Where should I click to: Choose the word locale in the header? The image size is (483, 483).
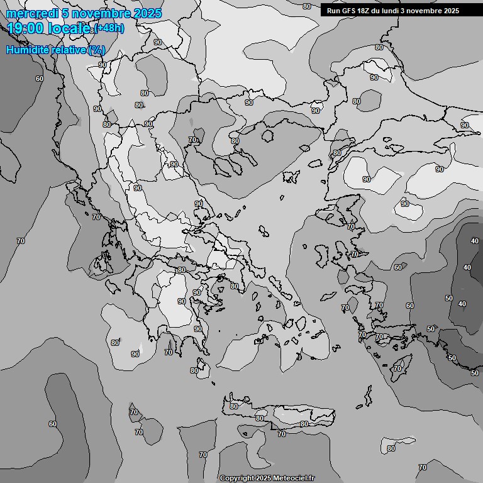69,27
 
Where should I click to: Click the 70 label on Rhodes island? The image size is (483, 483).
397,369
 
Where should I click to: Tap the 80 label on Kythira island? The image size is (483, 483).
194,370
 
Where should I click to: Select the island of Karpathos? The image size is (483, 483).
367,396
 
